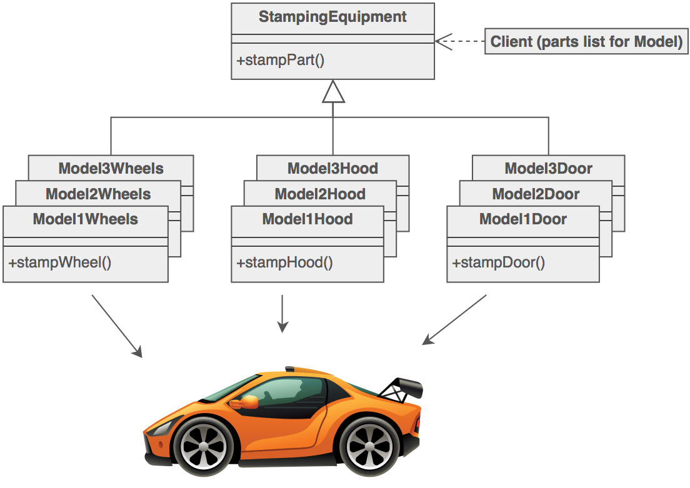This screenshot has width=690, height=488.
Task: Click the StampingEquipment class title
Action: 332,17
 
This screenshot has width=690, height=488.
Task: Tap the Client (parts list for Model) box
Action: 586,42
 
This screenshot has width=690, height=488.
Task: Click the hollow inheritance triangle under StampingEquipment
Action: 333,92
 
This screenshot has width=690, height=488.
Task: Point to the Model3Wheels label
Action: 111,168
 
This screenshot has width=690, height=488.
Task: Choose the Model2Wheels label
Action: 98,194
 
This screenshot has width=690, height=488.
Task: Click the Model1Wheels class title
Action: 86,219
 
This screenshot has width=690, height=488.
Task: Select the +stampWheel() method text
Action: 60,262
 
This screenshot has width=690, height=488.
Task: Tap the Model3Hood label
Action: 332,168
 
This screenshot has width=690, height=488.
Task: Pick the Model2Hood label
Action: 320,194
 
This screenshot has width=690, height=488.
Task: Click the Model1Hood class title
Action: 307,219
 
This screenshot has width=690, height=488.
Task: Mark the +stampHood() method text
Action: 284,262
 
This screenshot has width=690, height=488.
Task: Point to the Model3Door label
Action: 548,168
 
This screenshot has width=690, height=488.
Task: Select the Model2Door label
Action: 536,194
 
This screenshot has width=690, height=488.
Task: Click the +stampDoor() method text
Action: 499,262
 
